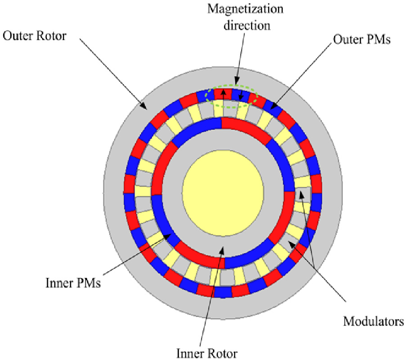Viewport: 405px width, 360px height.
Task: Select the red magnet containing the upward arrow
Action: point(222,94)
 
